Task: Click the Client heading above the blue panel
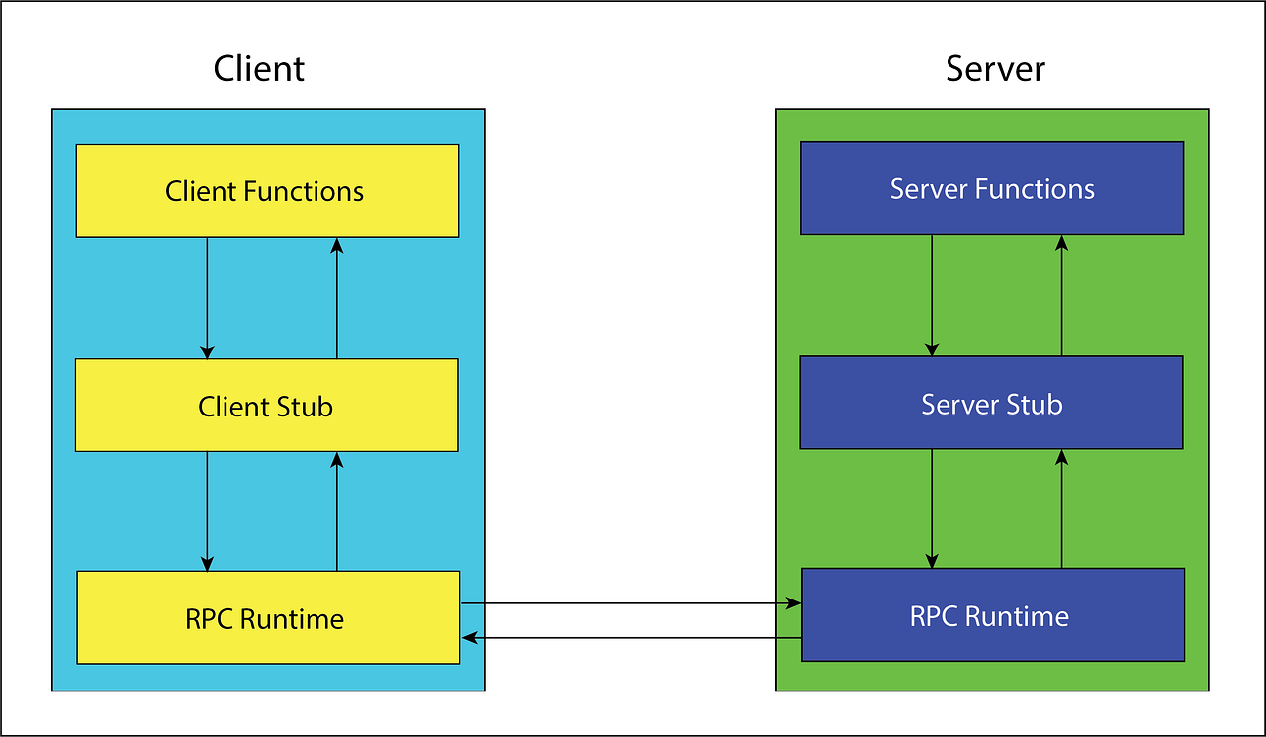click(x=259, y=69)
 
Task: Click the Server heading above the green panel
click(x=995, y=69)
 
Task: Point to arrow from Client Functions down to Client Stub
click(x=207, y=298)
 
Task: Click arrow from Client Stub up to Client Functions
click(x=337, y=298)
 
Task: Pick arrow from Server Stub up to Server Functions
click(x=1062, y=295)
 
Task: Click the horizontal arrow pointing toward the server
click(x=631, y=602)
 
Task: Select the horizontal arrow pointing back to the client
click(x=631, y=638)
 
